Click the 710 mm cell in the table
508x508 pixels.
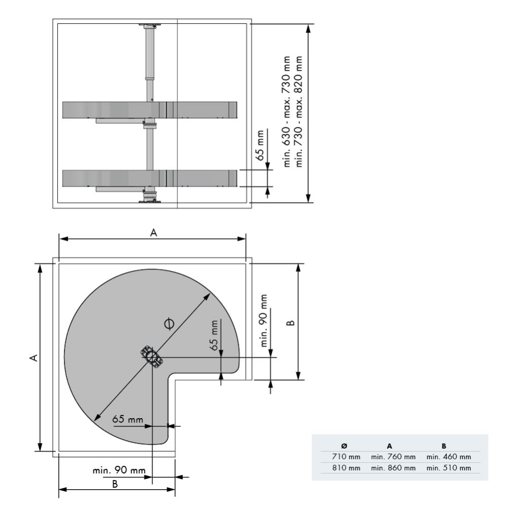[x=346, y=456]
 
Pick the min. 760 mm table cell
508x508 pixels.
[x=393, y=456]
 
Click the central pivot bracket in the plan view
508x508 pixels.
[x=152, y=355]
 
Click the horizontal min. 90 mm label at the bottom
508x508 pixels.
[x=119, y=470]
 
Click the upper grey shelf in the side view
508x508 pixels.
[x=150, y=110]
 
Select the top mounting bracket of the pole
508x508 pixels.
[x=150, y=25]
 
